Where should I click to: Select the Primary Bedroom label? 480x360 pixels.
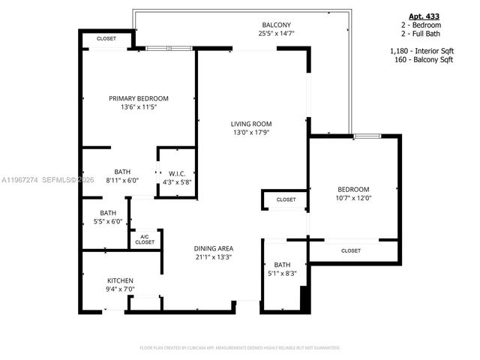click(138, 98)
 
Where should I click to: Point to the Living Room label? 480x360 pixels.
click(250, 124)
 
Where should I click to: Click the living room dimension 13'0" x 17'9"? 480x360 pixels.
click(250, 133)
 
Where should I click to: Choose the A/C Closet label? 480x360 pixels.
click(145, 239)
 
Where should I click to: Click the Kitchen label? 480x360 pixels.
click(120, 280)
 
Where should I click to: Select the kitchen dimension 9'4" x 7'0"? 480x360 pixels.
click(120, 289)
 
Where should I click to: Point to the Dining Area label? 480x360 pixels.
click(213, 248)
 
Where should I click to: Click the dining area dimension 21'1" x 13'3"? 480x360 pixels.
click(213, 257)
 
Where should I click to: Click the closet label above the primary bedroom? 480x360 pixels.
click(106, 38)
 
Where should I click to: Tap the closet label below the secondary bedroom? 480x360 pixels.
click(351, 250)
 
